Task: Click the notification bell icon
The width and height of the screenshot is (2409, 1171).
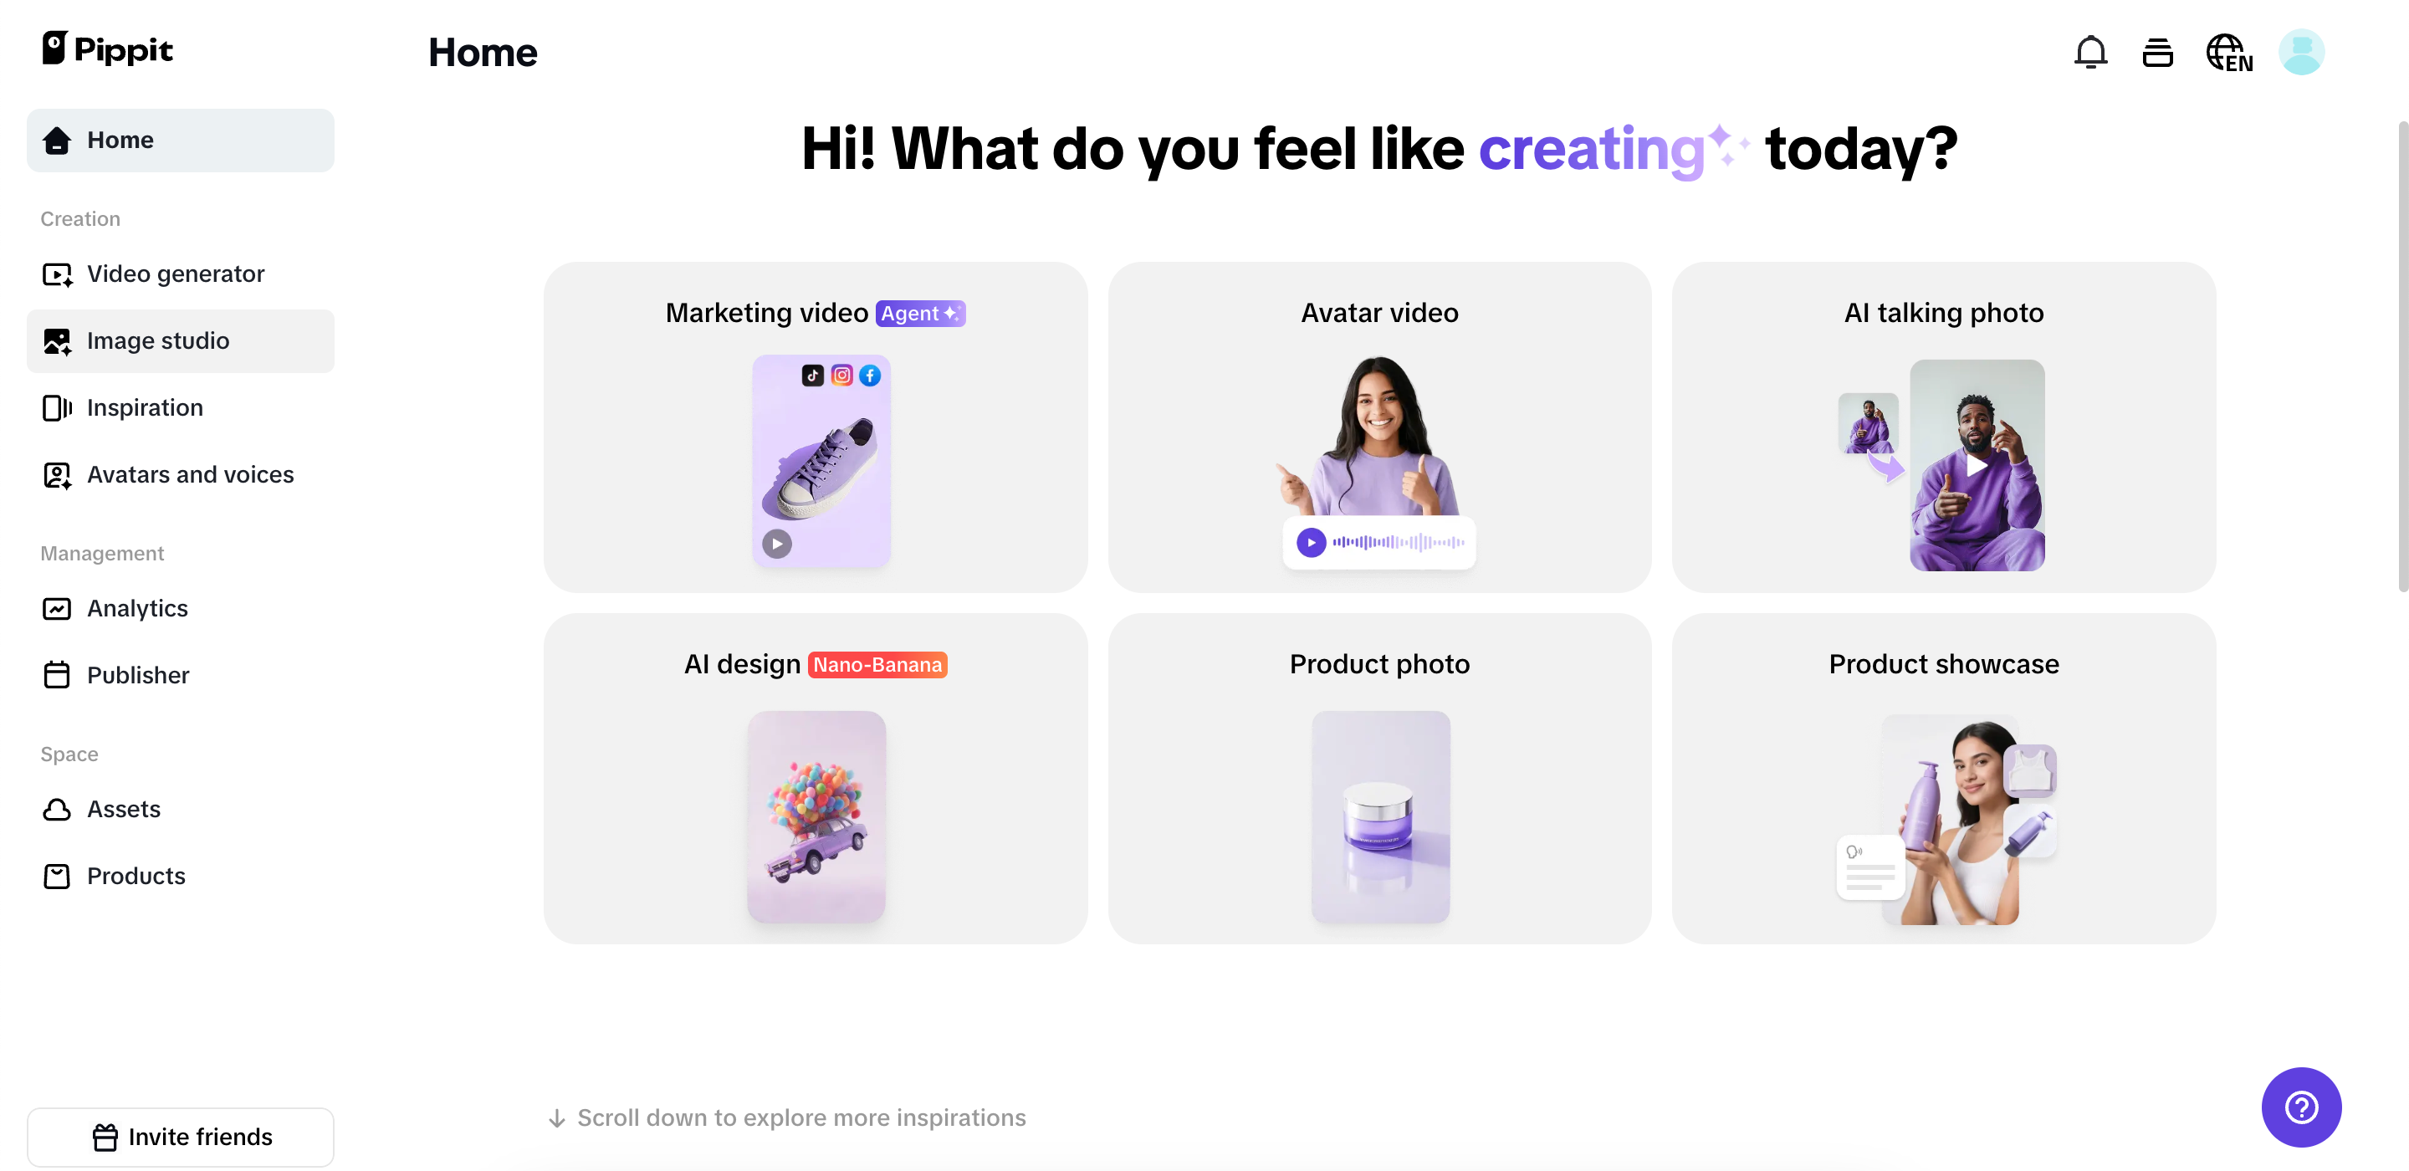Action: click(2090, 52)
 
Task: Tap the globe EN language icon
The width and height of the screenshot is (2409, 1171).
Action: click(2228, 53)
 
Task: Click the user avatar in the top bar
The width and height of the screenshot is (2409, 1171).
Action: click(2300, 52)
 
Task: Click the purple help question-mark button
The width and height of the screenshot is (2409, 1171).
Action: click(2300, 1107)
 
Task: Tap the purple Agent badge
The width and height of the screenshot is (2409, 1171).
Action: click(920, 314)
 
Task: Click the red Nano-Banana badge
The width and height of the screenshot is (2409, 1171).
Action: click(877, 665)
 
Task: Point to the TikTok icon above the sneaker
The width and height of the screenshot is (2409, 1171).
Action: click(813, 375)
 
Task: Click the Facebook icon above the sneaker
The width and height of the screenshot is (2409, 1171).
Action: click(870, 375)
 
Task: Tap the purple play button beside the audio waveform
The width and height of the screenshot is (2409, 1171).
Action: click(1311, 543)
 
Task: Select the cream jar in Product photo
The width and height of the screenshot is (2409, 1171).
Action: click(1378, 815)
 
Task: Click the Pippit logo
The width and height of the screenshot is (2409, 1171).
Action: click(108, 49)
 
